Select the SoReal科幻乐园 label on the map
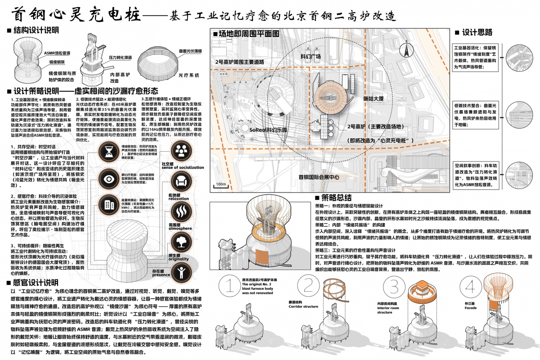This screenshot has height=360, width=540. click(269, 128)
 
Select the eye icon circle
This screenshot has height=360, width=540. click(109, 178)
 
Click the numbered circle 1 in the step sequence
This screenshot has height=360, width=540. click(230, 287)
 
